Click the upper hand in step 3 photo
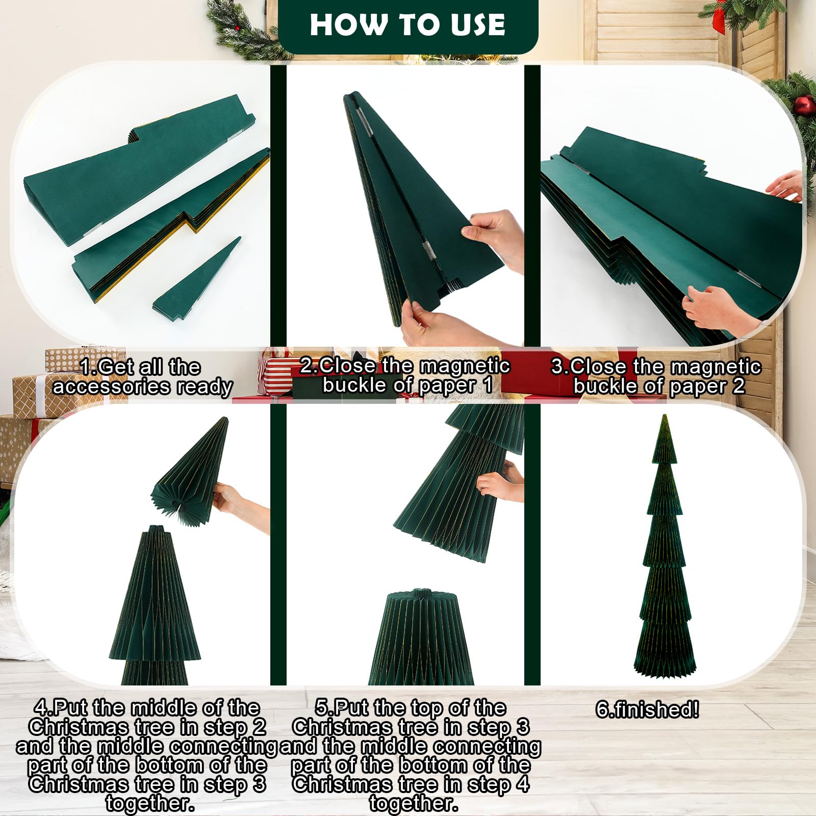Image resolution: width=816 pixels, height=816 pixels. (x=786, y=186)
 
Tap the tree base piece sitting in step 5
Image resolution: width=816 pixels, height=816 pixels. (x=421, y=637)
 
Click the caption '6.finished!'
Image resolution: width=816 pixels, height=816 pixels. (x=647, y=709)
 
